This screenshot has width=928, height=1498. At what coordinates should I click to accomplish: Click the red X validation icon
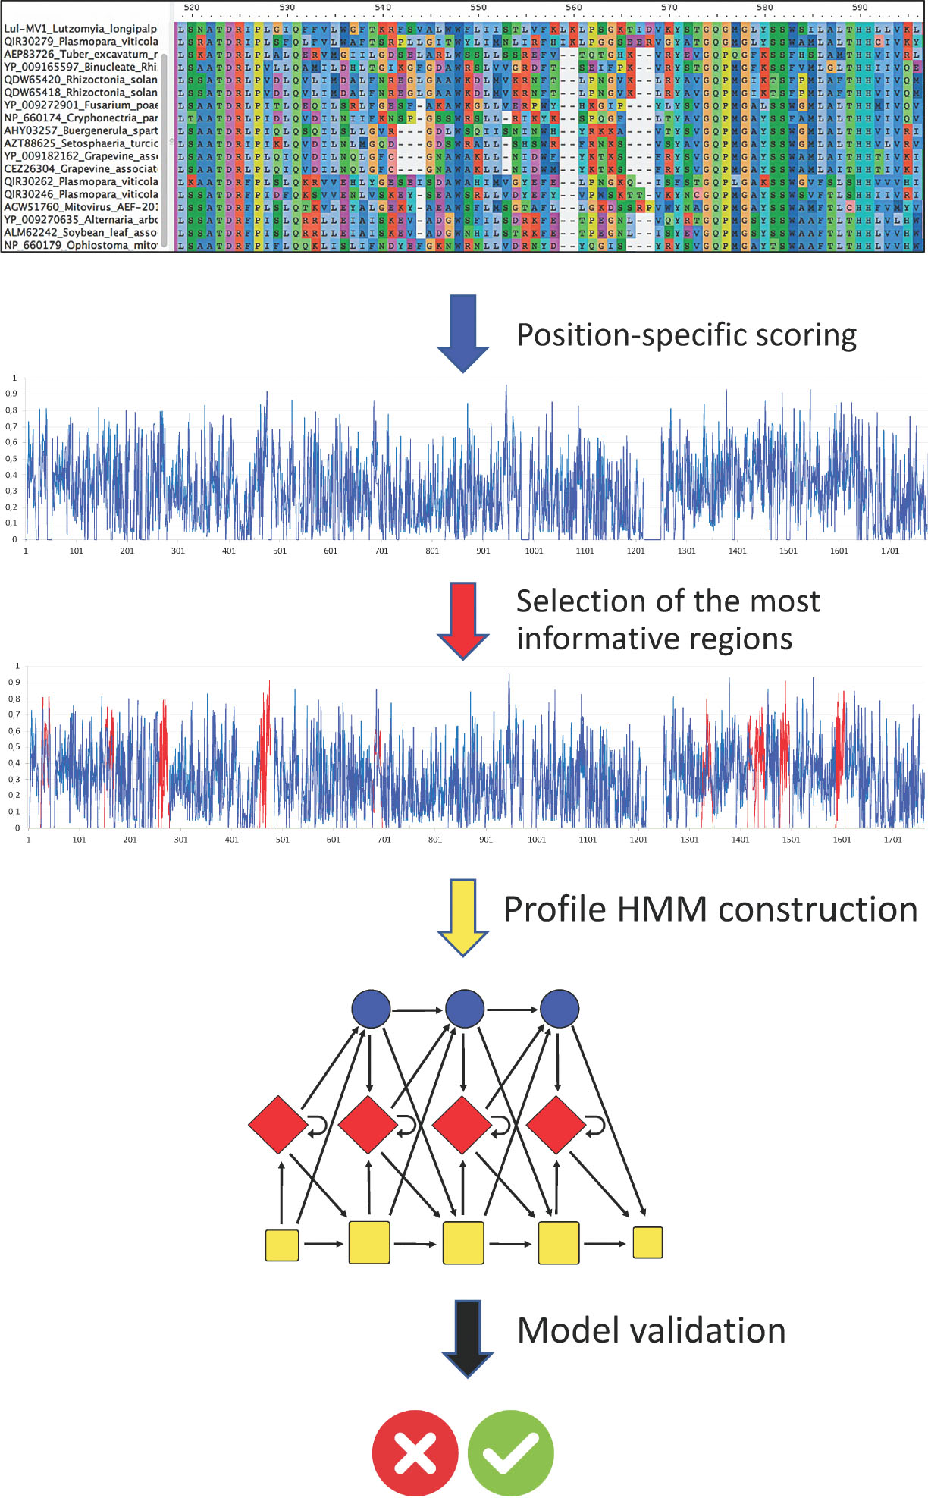tap(415, 1452)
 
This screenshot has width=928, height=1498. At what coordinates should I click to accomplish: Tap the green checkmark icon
tap(511, 1452)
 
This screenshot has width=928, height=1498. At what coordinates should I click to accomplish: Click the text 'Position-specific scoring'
tap(686, 335)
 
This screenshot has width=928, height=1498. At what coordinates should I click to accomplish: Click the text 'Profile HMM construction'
tap(710, 909)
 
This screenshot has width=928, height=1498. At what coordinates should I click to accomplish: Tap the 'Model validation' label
tap(651, 1330)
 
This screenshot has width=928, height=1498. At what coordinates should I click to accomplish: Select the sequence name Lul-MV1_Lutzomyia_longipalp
tap(80, 29)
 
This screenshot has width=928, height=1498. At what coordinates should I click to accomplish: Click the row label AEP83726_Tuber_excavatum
tap(80, 54)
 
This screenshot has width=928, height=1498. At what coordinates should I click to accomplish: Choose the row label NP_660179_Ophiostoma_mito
tap(80, 245)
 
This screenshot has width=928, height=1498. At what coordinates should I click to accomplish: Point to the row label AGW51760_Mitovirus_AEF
tap(80, 207)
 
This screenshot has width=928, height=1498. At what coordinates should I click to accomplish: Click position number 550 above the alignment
tap(478, 8)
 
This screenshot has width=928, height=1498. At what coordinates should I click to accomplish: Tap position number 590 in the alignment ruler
tap(860, 8)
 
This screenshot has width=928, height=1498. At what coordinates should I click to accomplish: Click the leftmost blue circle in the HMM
tap(371, 1009)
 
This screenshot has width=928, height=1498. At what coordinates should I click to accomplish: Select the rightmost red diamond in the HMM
tap(556, 1124)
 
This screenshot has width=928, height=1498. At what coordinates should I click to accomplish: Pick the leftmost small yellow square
tap(281, 1245)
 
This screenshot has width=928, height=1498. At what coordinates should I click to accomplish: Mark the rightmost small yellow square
tap(647, 1242)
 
